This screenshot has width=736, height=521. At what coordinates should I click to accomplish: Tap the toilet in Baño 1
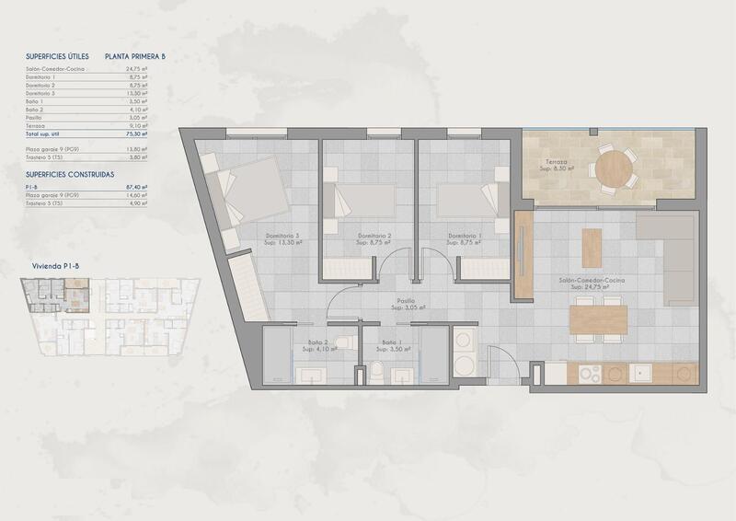tap(378, 370)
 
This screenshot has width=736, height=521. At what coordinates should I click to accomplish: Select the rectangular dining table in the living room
tap(598, 318)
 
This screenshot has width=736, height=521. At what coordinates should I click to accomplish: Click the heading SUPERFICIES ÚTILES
tap(58, 56)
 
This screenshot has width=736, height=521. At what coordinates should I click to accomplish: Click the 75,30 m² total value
tap(136, 133)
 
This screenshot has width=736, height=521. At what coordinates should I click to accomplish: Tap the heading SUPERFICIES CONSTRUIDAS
tap(69, 173)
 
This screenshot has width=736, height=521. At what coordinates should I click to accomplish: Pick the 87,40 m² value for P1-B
tap(136, 187)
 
